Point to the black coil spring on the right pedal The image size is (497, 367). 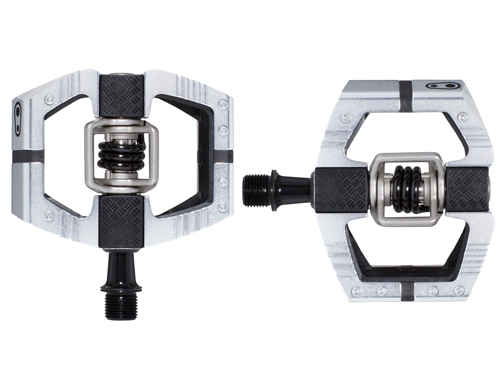pos(406,189)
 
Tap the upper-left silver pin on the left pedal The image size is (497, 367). pos(50,99)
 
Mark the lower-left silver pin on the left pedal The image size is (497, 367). pos(50,216)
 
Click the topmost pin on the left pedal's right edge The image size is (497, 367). pos(224,105)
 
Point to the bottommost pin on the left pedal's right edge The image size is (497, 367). pos(224,207)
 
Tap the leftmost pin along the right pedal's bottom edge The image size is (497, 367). pos(357,291)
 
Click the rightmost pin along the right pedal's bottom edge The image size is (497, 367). pos(458,291)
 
